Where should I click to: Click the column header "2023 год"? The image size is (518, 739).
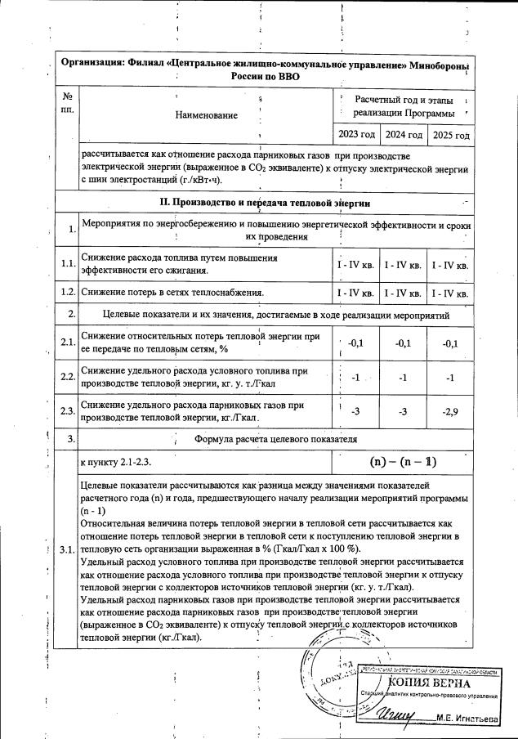click(x=356, y=135)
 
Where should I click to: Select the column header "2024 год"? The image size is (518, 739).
click(x=404, y=135)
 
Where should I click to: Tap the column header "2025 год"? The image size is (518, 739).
click(x=451, y=135)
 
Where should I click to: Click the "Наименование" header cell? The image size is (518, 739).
click(x=208, y=115)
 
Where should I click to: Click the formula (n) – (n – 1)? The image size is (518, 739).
click(x=403, y=462)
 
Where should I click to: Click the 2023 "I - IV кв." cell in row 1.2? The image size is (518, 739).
click(x=356, y=293)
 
